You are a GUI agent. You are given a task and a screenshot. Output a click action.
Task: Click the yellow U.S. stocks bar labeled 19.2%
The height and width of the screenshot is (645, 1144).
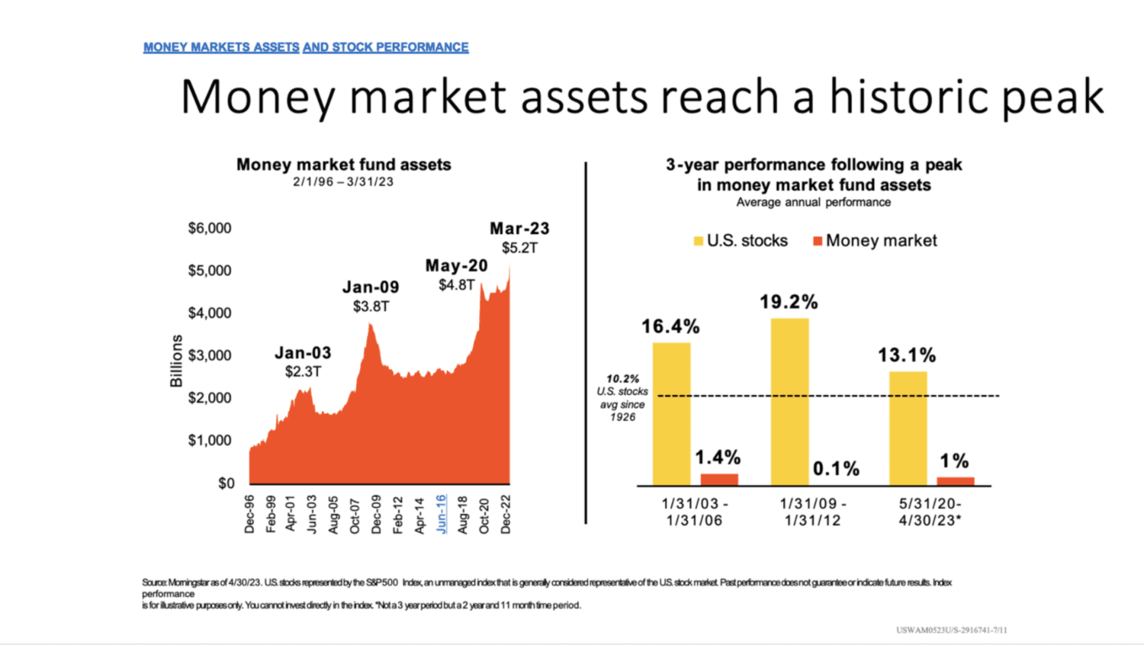[789, 402]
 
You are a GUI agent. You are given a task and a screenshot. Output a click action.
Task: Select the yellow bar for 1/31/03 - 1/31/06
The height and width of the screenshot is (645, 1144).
[671, 414]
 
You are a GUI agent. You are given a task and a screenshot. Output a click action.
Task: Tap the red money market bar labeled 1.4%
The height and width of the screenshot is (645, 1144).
[719, 480]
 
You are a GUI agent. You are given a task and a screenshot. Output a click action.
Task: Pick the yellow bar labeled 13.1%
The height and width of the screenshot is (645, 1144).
[908, 428]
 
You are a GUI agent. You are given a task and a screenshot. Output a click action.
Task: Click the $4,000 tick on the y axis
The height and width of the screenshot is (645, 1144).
[210, 313]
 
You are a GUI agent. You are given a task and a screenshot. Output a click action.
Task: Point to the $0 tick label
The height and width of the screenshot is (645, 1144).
[227, 483]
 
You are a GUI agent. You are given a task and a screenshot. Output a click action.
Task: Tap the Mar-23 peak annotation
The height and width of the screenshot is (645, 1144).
[519, 229]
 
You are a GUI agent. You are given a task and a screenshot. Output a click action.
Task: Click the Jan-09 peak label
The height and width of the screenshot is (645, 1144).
[371, 287]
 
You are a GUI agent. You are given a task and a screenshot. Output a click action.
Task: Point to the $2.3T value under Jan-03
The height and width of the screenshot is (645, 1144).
[303, 372]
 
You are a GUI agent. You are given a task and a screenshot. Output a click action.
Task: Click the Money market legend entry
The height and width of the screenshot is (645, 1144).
[875, 241]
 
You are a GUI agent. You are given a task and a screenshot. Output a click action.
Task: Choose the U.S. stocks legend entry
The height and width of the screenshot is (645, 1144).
[740, 241]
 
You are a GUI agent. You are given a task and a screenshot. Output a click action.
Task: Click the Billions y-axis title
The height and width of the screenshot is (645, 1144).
[176, 361]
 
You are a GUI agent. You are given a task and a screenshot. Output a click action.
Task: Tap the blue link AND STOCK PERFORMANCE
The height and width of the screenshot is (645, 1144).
[386, 47]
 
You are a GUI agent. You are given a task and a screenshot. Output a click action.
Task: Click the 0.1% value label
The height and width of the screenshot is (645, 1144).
[836, 468]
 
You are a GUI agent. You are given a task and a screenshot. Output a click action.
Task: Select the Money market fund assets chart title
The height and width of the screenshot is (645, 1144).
[343, 165]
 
